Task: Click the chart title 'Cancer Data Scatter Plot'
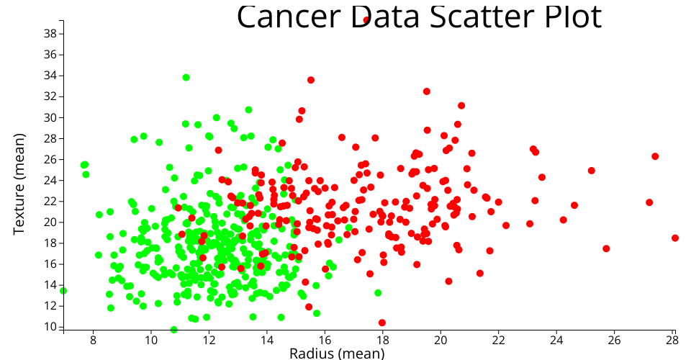(418, 17)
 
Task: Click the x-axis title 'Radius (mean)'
(336, 353)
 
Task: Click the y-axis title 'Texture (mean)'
(20, 183)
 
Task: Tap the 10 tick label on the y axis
(50, 326)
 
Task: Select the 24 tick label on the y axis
(50, 180)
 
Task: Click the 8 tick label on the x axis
(93, 339)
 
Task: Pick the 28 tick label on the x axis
(672, 339)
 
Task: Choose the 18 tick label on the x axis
(382, 339)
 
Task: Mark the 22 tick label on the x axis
(498, 339)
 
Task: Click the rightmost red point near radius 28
(675, 238)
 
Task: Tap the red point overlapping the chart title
(366, 19)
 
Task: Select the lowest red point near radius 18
(381, 323)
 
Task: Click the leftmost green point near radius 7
(63, 291)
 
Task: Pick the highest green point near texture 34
(186, 77)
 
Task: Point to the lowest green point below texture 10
(173, 330)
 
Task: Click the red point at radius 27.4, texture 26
(655, 156)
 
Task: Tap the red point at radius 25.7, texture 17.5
(606, 248)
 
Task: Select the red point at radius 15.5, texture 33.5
(311, 80)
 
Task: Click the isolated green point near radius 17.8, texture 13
(378, 293)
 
